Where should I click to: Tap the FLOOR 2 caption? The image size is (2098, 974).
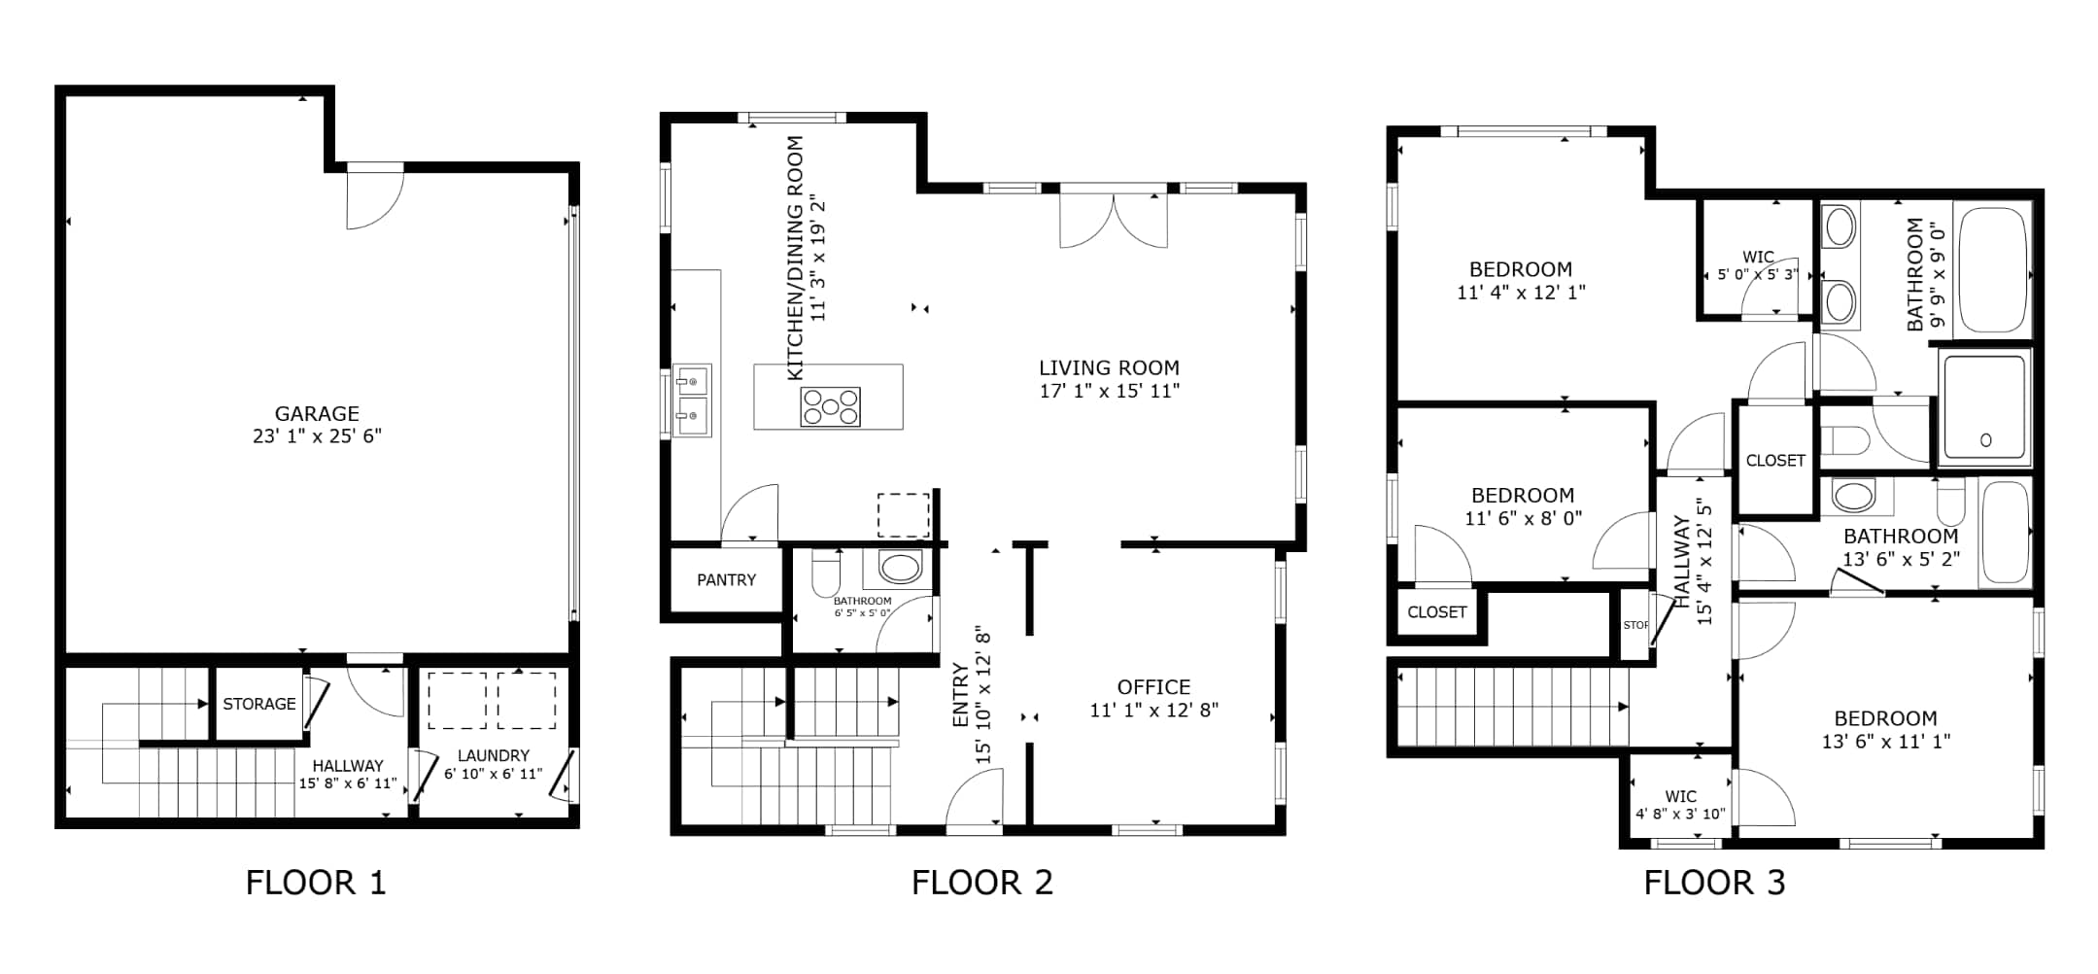pos(981,883)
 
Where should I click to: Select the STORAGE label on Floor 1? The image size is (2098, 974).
pos(258,704)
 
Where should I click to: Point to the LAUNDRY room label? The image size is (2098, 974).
pos(493,755)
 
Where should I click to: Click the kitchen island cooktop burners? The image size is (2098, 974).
pos(829,406)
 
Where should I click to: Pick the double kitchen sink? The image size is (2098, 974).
pos(692,400)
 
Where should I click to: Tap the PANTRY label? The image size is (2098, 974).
pos(726,580)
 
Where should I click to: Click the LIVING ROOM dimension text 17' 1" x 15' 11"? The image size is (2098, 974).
pos(1109,391)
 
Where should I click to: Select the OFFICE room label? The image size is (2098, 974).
pos(1153,687)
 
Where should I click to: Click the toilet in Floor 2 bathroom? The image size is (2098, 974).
pos(826,573)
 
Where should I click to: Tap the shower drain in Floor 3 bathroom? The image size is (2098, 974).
pos(1985,440)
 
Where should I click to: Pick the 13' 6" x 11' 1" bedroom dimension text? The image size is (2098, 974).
pos(1885,742)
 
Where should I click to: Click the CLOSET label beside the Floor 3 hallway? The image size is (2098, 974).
pos(1775,461)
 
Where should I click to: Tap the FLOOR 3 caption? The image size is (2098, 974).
pos(1714,883)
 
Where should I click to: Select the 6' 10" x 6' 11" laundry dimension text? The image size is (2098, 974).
pos(493,775)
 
